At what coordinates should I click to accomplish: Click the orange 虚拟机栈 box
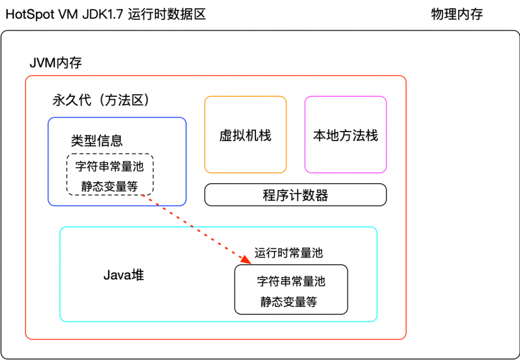point(245,135)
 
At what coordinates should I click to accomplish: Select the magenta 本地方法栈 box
point(345,135)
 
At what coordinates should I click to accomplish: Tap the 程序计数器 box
point(295,195)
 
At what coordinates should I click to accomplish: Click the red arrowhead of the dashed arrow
point(245,259)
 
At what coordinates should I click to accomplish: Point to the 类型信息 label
point(97,140)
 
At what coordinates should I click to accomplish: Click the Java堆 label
point(123,275)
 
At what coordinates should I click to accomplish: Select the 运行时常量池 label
point(289,253)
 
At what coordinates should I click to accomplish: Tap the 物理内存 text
point(457,14)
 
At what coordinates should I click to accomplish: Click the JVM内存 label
point(56,63)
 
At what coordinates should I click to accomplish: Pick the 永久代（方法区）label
point(105,100)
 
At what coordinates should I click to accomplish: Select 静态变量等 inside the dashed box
point(109,186)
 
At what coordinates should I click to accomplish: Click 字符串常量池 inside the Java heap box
point(291,281)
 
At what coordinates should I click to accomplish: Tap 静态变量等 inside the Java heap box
point(289,302)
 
